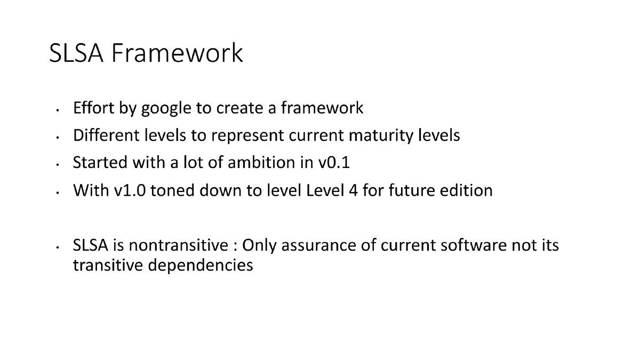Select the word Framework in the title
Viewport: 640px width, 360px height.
pyautogui.click(x=177, y=53)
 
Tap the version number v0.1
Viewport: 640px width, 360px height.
pyautogui.click(x=334, y=163)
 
